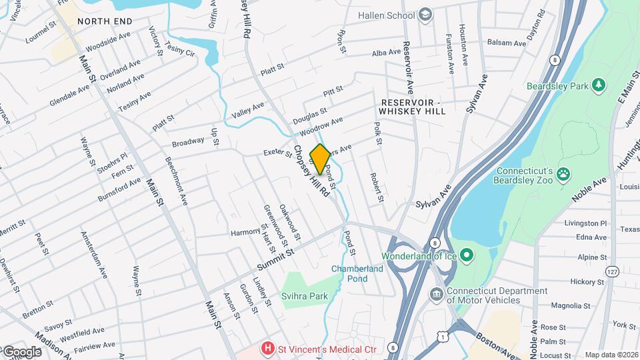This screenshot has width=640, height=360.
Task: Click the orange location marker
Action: click(x=320, y=159)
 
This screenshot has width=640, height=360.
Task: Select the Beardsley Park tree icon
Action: click(x=599, y=85)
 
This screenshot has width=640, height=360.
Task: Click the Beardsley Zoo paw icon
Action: click(x=564, y=173)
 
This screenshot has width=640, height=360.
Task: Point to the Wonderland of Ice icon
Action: click(x=467, y=255)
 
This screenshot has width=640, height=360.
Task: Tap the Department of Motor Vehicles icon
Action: click(x=436, y=293)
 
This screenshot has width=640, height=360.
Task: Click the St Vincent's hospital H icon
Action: click(x=268, y=348)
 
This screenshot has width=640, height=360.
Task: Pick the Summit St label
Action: click(x=276, y=257)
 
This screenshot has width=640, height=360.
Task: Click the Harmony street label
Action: click(x=245, y=232)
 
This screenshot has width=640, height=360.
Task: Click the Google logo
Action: click(x=21, y=351)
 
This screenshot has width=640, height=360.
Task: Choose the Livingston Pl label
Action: click(x=585, y=223)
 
